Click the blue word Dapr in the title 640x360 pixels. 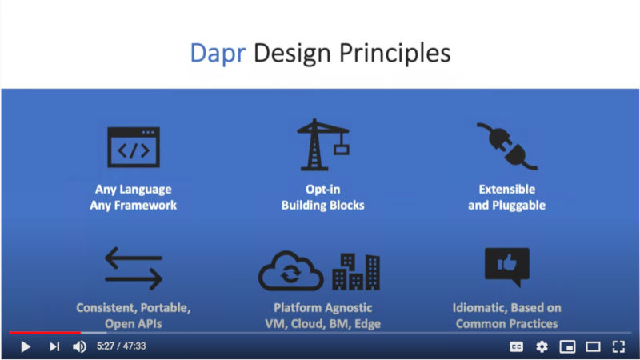[x=218, y=54]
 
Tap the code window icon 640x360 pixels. [x=134, y=147]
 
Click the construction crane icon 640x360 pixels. [x=323, y=144]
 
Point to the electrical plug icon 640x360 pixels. [x=507, y=146]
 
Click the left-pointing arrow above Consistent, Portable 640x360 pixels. [x=134, y=258]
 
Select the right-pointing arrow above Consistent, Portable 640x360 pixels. [x=134, y=279]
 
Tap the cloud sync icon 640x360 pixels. [x=290, y=270]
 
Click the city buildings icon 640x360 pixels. [x=356, y=271]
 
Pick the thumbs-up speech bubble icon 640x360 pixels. [x=507, y=266]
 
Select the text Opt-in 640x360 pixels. [x=323, y=190]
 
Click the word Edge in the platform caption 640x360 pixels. [x=368, y=324]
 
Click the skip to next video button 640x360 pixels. [x=54, y=346]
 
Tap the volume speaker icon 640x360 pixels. [x=79, y=346]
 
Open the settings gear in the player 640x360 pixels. [x=542, y=346]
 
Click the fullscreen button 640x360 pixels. [x=618, y=346]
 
